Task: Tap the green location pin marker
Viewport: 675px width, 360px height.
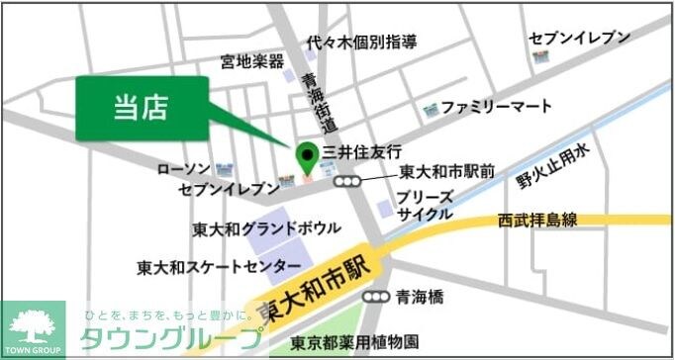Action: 307,155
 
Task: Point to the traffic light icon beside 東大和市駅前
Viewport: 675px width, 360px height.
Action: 346,181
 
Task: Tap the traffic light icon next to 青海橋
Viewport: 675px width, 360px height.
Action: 375,296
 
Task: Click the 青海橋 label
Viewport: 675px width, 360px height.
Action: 420,295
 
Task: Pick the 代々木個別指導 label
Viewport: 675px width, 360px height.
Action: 361,43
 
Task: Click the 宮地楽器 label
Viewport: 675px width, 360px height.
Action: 252,62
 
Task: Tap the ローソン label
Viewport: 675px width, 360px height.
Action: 184,169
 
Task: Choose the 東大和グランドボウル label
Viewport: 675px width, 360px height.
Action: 266,228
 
